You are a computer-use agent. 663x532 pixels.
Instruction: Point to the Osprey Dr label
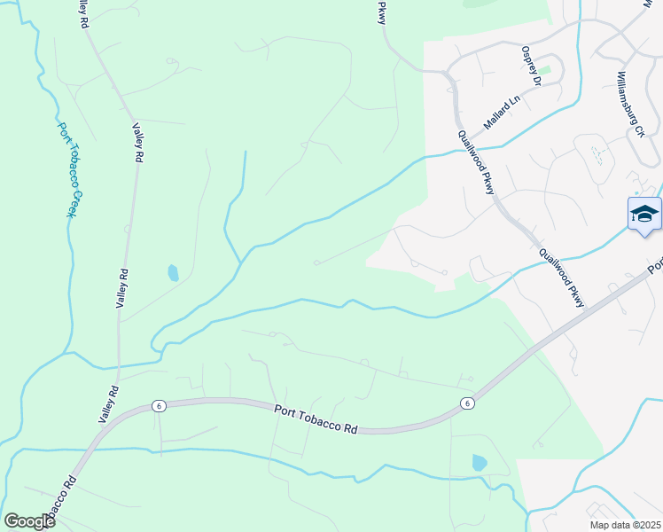click(531, 66)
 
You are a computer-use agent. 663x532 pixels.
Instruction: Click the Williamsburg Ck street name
click(630, 105)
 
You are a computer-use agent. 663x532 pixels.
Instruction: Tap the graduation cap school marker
click(644, 215)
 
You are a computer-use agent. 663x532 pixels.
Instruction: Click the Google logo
click(29, 520)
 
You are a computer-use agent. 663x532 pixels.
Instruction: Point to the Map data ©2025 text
click(625, 525)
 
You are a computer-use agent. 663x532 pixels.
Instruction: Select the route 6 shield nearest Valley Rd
click(158, 405)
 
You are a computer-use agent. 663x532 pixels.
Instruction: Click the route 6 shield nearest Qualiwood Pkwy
click(466, 403)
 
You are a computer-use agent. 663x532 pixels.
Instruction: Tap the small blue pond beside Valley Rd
click(173, 272)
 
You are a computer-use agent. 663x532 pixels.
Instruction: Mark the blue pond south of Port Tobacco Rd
click(480, 462)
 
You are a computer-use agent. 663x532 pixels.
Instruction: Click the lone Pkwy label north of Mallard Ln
click(383, 12)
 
